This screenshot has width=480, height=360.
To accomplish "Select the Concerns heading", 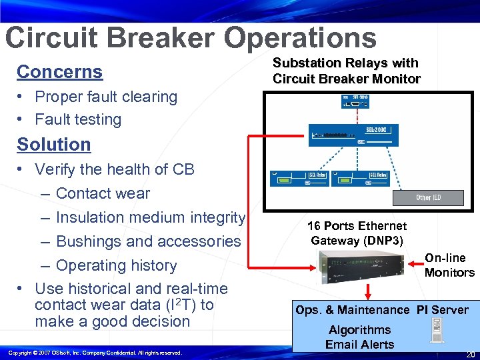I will coord(59,71).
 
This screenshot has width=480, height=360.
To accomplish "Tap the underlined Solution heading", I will coord(53,144).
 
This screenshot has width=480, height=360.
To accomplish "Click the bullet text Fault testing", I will coord(77,119).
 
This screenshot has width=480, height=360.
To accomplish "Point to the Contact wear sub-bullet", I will coord(103,193).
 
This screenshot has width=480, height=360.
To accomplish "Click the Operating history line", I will coord(116,265).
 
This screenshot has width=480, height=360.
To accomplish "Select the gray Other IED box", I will coord(428,197).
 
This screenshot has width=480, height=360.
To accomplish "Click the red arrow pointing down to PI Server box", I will coord(369,291).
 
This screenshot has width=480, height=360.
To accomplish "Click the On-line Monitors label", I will coord(449,265).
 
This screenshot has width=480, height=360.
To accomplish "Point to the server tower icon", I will coord(437,329).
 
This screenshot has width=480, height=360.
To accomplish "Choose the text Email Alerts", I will coord(359,345).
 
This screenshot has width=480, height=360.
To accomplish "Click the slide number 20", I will coord(470,354).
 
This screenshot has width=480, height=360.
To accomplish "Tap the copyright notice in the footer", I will coord(95,352).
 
